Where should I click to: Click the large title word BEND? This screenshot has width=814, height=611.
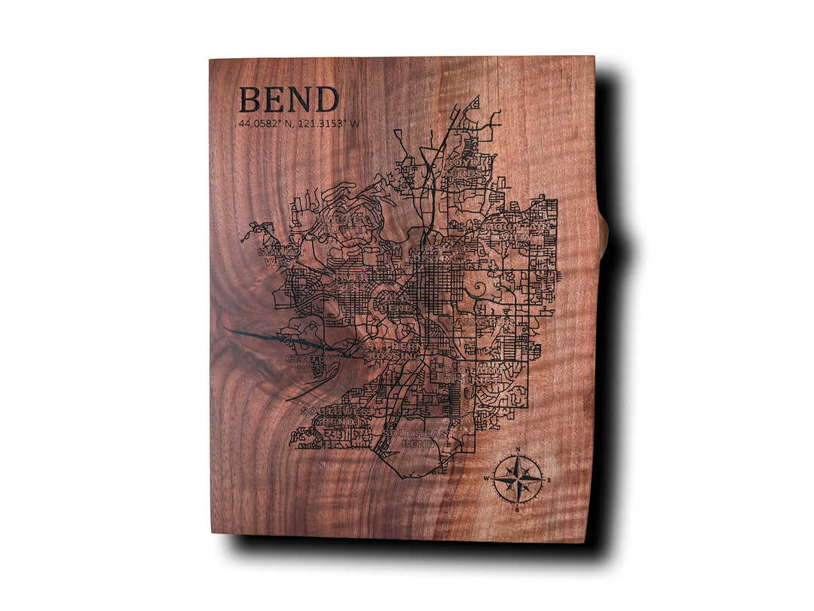[x=289, y=100]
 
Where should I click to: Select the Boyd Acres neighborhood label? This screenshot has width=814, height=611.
[x=469, y=167]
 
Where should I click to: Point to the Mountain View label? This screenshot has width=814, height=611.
[x=519, y=232]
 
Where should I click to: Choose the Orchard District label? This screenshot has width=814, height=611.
[x=436, y=253]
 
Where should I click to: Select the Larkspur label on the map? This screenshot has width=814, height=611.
[x=485, y=322]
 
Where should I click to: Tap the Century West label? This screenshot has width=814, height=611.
[x=311, y=364]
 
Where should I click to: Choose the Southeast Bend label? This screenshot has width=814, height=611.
[x=416, y=438]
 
